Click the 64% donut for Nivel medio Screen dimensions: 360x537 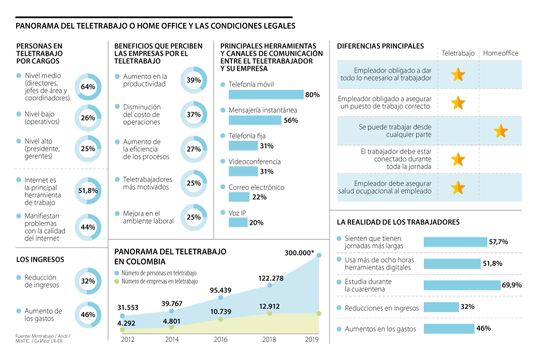88,86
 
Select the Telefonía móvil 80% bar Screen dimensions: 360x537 266,95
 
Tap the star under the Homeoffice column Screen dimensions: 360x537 500,131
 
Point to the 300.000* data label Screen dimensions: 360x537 299,253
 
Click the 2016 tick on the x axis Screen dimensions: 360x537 221,339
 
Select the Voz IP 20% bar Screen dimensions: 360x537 238,222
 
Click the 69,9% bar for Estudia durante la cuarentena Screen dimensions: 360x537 462,285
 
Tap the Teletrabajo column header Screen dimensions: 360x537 458,53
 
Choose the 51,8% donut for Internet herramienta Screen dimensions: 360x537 88,191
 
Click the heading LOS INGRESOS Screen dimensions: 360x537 40,259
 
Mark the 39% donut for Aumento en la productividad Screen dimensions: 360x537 194,80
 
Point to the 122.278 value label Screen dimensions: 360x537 271,278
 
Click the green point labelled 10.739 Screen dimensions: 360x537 221,319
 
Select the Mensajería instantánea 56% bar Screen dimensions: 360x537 255,120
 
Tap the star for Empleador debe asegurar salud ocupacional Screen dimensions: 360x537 458,187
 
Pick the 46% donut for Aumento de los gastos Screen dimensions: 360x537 88,314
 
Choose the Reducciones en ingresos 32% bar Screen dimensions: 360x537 441,307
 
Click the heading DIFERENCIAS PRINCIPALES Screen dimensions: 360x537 380,46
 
